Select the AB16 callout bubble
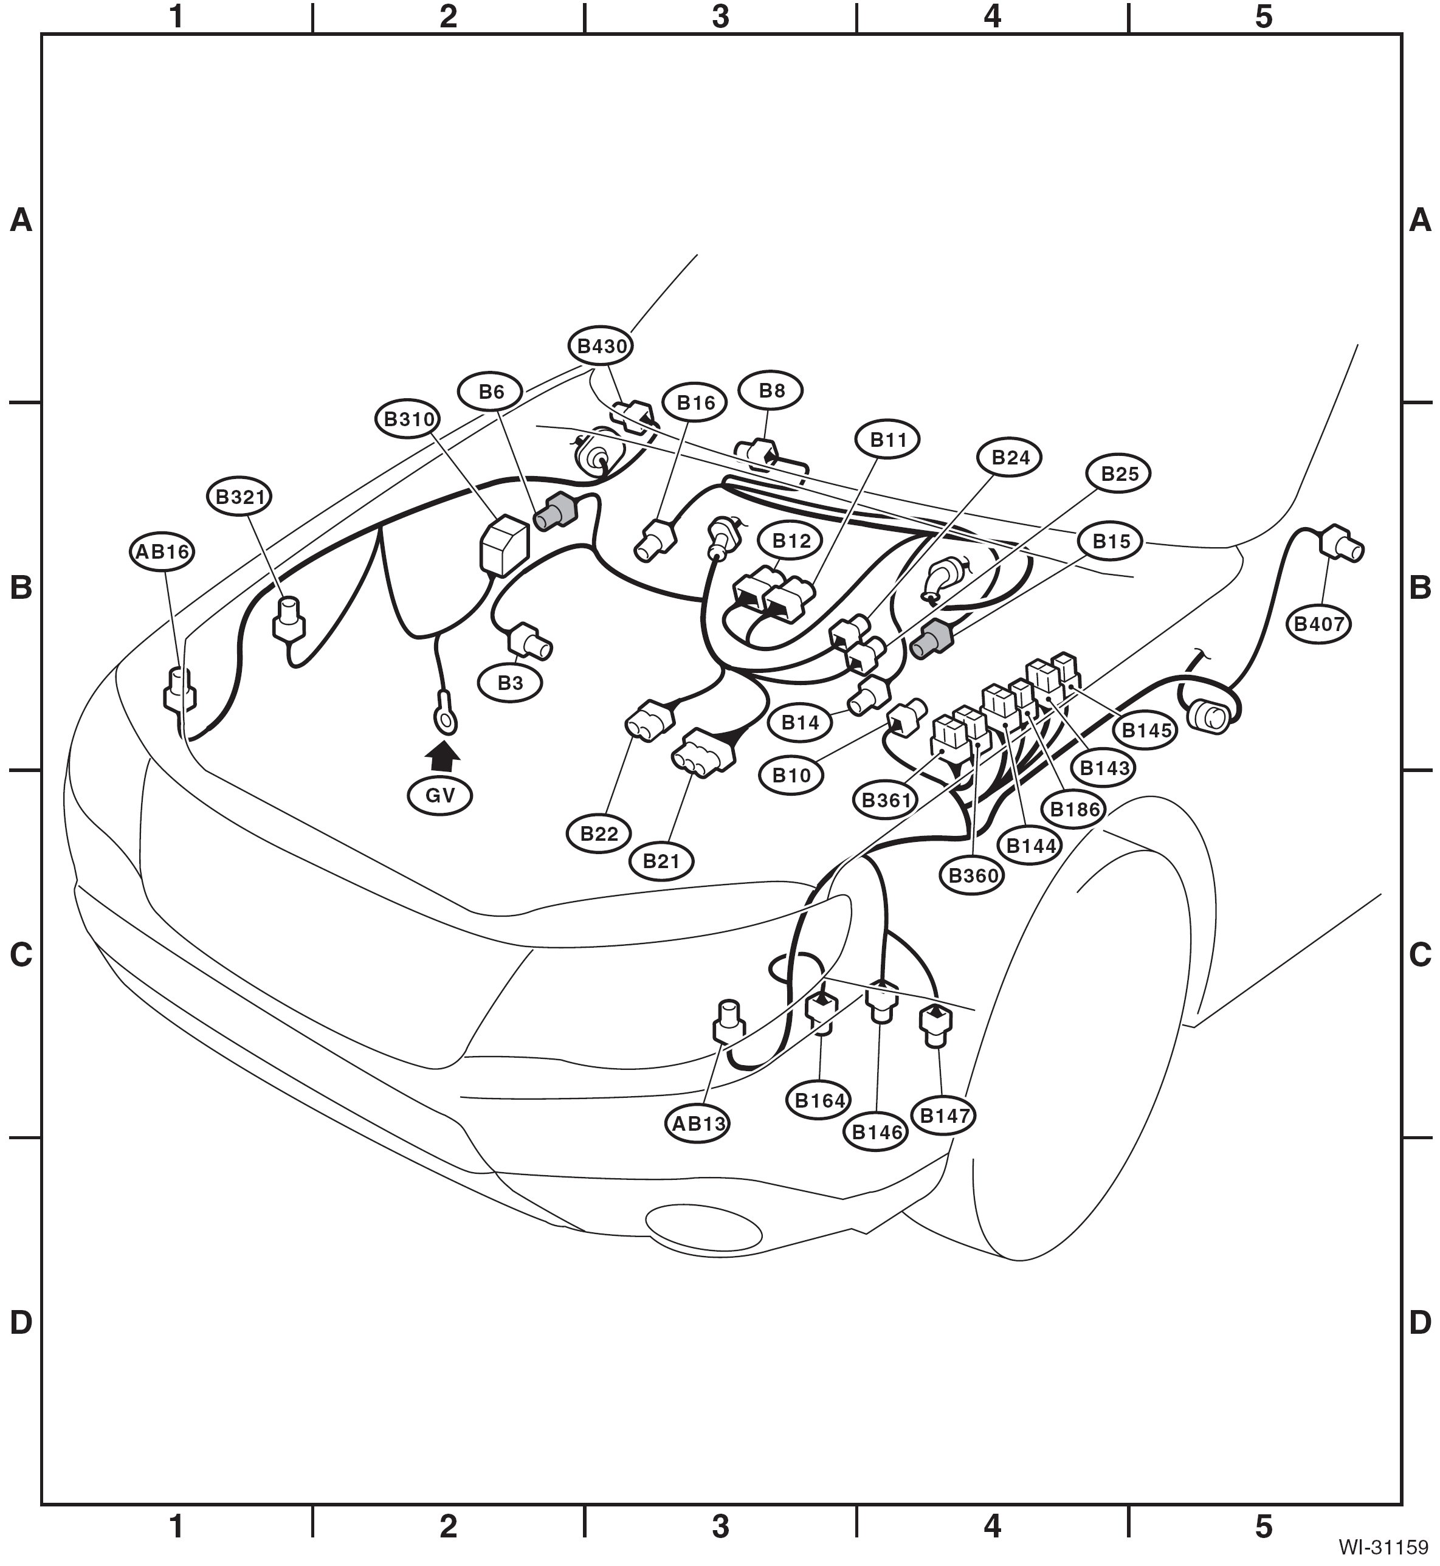click(161, 551)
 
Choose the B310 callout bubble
click(408, 419)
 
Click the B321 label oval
click(239, 496)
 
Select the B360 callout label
click(973, 876)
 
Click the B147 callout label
click(945, 1116)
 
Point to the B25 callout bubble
click(1119, 474)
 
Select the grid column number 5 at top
click(1264, 17)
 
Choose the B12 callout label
click(791, 540)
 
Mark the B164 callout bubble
click(820, 1100)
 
